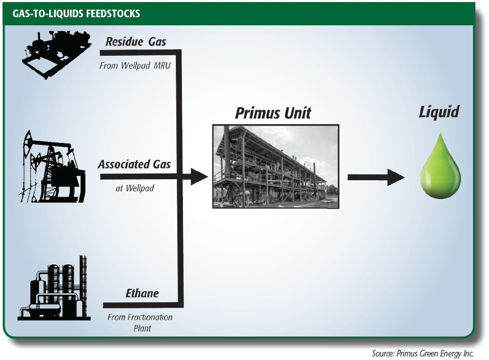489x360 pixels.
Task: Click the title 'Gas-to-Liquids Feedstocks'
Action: coord(76,14)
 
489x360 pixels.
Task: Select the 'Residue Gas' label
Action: coord(135,42)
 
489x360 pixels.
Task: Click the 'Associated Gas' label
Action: coord(134,165)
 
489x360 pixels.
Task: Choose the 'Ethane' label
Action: coord(142,294)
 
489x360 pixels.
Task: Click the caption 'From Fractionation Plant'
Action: coord(140,323)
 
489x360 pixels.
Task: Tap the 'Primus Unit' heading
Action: coord(273,113)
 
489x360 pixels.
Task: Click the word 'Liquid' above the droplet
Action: coord(438,112)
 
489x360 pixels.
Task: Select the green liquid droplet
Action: coord(440,167)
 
